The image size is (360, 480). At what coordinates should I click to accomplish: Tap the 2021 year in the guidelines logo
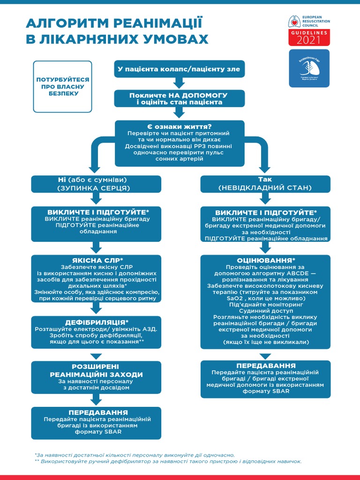(x=308, y=40)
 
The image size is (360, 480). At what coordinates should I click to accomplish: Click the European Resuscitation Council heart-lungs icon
(x=293, y=22)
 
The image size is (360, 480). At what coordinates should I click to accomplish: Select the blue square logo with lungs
(x=308, y=68)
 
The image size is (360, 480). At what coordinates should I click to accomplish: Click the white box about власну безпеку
(x=63, y=87)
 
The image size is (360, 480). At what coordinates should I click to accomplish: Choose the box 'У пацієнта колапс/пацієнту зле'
(x=179, y=69)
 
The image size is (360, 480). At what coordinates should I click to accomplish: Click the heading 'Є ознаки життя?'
(x=180, y=127)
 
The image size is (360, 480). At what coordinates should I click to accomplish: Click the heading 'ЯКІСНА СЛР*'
(x=96, y=260)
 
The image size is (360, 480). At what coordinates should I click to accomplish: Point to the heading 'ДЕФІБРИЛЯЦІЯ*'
(x=96, y=322)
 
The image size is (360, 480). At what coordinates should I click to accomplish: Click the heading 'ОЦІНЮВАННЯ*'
(x=265, y=260)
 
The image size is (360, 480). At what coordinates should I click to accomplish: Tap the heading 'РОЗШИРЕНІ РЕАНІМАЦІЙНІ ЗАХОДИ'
(x=96, y=371)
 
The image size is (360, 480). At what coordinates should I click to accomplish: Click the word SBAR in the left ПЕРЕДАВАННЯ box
(x=112, y=432)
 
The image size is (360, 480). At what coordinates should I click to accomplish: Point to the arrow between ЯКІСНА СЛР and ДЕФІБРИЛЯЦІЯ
(x=96, y=308)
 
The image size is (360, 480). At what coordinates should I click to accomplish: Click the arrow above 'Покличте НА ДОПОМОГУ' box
(x=179, y=83)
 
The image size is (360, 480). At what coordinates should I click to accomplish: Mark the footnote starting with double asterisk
(x=168, y=461)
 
